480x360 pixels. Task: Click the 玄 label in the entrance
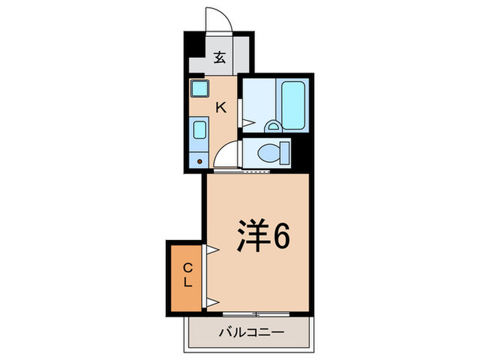(219, 58)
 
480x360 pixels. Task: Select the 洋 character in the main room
(251, 237)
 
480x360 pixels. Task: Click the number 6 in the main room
(280, 237)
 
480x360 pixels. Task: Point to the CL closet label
(187, 274)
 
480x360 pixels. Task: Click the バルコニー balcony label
(251, 333)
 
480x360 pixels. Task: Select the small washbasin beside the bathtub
(272, 125)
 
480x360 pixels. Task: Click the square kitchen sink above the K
(200, 88)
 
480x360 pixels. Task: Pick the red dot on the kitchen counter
(200, 162)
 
